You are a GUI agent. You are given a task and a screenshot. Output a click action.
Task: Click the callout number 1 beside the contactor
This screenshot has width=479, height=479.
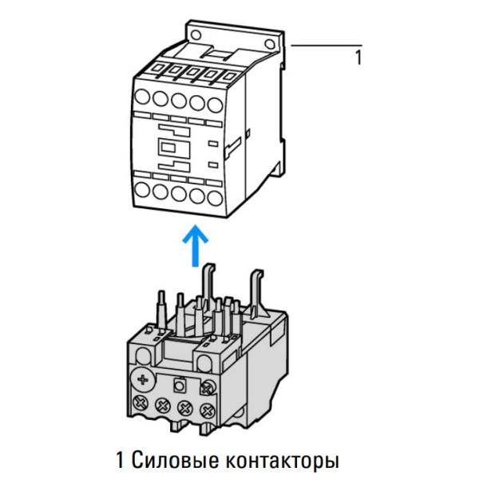click(x=358, y=57)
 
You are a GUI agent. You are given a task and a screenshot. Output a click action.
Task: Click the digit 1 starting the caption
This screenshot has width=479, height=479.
click(x=121, y=461)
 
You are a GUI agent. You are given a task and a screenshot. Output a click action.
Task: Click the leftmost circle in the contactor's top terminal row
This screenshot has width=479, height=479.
click(x=142, y=98)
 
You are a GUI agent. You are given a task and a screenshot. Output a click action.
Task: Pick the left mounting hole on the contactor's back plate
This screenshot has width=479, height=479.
click(x=195, y=34)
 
